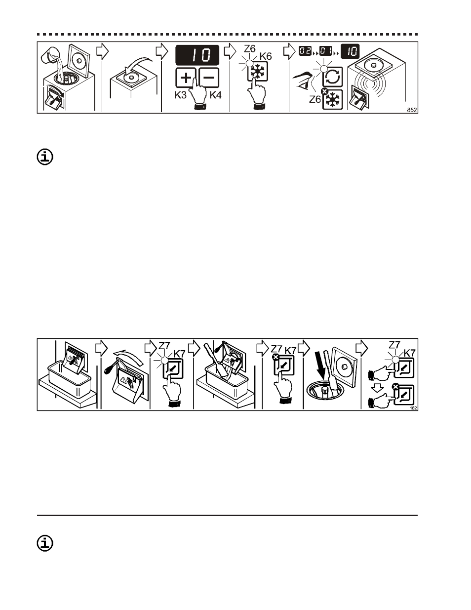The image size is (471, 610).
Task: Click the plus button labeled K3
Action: click(x=186, y=79)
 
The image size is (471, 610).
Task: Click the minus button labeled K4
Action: click(x=209, y=79)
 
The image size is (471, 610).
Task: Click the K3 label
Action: click(x=180, y=95)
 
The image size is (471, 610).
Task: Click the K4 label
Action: click(x=216, y=95)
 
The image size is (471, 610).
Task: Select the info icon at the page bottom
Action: click(x=45, y=543)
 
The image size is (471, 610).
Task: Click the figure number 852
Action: click(x=412, y=110)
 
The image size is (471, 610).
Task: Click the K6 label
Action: click(x=266, y=56)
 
